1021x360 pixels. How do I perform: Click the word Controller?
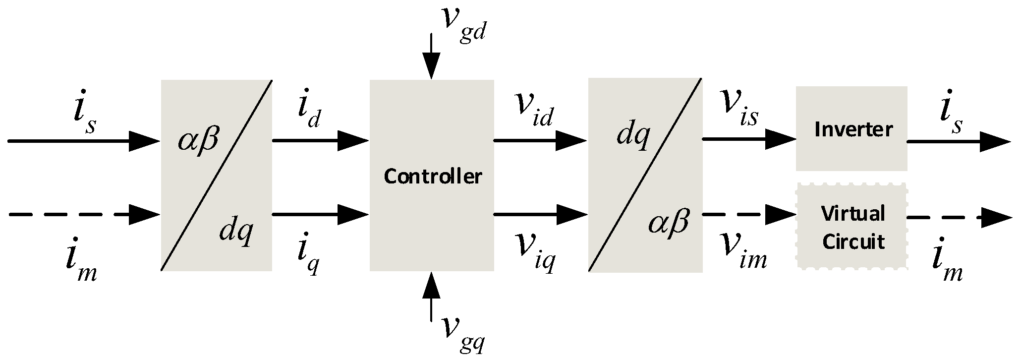[x=433, y=177]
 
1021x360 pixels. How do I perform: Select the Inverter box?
[x=851, y=129]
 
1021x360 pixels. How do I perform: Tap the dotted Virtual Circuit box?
[x=851, y=227]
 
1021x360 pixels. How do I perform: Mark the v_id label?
[x=533, y=112]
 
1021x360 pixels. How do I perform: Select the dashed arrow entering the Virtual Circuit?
[x=748, y=214]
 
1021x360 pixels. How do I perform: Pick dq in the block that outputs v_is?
[x=632, y=135]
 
